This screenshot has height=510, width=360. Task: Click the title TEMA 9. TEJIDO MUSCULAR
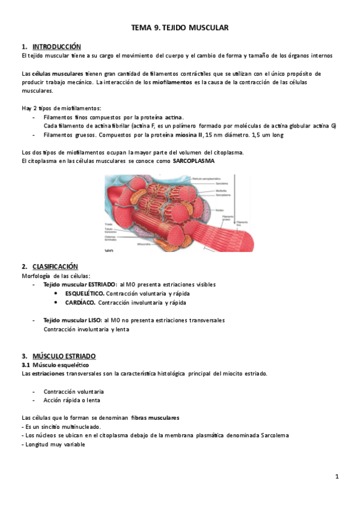[180, 28]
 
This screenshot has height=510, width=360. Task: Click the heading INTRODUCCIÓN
[56, 46]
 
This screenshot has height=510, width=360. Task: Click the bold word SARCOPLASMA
[193, 161]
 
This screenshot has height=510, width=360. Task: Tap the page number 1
[337, 477]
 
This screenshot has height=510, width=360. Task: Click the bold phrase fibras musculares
[154, 417]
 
